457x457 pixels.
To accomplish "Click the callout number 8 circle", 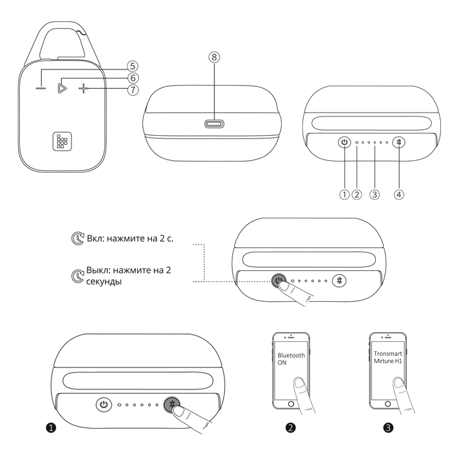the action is pyautogui.click(x=214, y=57).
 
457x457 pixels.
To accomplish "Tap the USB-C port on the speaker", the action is pyautogui.click(x=214, y=124).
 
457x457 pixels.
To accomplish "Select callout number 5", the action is pyautogui.click(x=133, y=66).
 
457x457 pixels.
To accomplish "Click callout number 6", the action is pyautogui.click(x=133, y=78).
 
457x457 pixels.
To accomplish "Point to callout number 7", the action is pyautogui.click(x=133, y=89).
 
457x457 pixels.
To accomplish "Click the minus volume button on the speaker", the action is pyautogui.click(x=41, y=88).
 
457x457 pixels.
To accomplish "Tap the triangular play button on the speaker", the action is pyautogui.click(x=62, y=88).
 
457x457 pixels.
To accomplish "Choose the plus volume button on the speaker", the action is pyautogui.click(x=84, y=88).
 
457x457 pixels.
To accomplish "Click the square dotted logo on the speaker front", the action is pyautogui.click(x=62, y=142).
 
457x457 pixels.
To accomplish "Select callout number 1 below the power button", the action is pyautogui.click(x=344, y=194).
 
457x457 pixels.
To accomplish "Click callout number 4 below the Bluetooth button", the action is pyautogui.click(x=399, y=194).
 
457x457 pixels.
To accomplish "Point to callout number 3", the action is pyautogui.click(x=375, y=194).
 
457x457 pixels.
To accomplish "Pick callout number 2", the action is pyautogui.click(x=357, y=194).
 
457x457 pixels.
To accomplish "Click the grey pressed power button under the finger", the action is pyautogui.click(x=278, y=280).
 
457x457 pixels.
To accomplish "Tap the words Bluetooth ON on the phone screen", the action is pyautogui.click(x=291, y=359).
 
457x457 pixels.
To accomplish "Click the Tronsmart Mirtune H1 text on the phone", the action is pyautogui.click(x=388, y=357).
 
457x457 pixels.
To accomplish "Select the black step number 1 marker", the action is pyautogui.click(x=51, y=427).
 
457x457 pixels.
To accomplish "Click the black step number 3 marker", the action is pyautogui.click(x=388, y=427).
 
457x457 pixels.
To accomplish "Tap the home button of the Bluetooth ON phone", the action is pyautogui.click(x=291, y=404).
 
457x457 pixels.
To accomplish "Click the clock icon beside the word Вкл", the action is pyautogui.click(x=78, y=238).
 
